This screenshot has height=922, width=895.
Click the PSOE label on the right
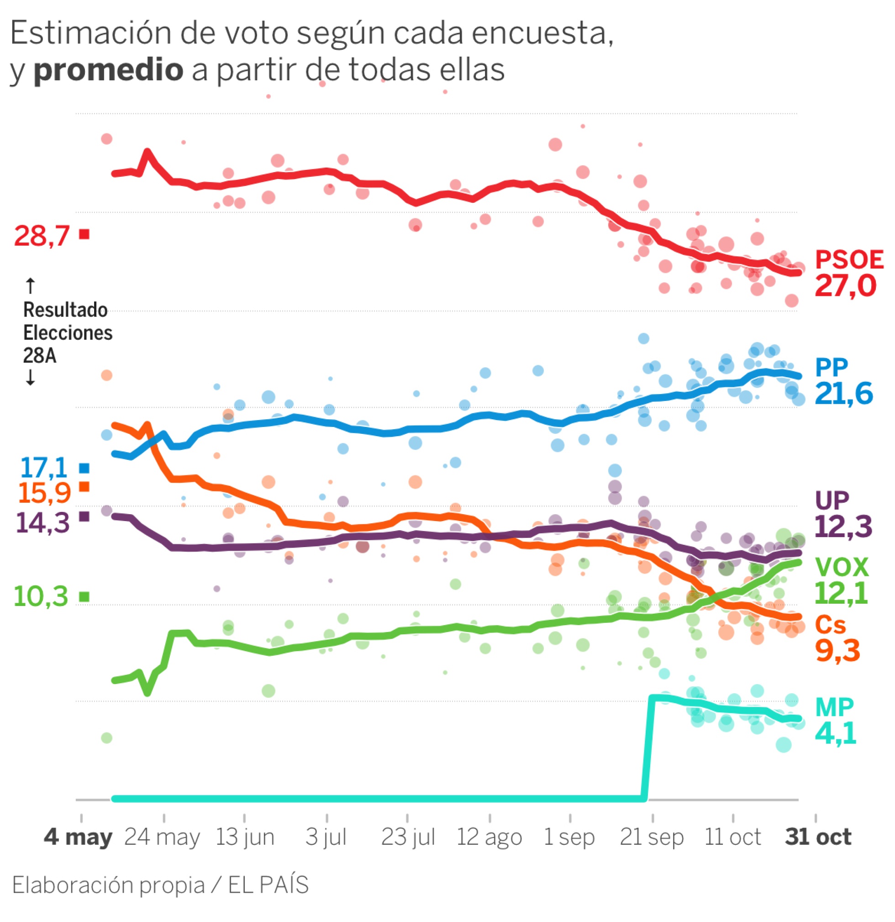848,260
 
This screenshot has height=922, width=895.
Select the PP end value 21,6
844,394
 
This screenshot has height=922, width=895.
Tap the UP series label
832,501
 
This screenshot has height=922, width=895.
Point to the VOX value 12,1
841,594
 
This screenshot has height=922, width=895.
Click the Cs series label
831,625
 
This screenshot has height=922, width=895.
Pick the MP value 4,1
835,733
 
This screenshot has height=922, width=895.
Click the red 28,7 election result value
42,236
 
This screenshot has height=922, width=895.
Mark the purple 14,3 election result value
43,522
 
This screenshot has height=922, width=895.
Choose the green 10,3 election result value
42,596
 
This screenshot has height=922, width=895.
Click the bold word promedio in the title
109,69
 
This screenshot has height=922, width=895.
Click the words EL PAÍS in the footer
268,885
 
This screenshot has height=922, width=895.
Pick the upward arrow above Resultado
30,285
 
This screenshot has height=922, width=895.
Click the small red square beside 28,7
84,234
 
